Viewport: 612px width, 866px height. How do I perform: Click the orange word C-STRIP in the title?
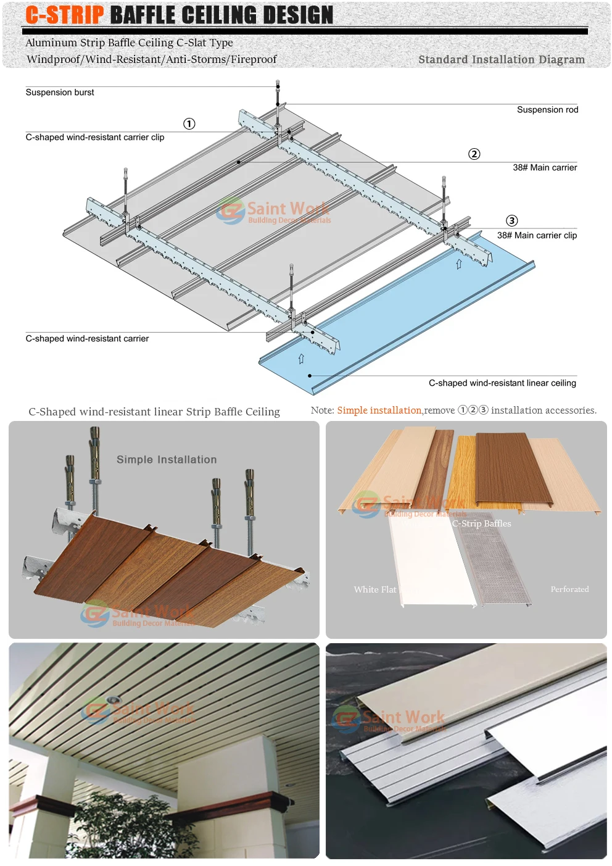pyautogui.click(x=65, y=15)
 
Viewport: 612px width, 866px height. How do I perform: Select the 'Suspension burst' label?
pyautogui.click(x=60, y=93)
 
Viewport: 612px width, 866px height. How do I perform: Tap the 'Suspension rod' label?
pyautogui.click(x=547, y=110)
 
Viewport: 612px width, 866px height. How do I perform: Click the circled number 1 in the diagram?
pyautogui.click(x=189, y=124)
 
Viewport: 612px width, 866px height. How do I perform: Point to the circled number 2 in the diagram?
pyautogui.click(x=474, y=154)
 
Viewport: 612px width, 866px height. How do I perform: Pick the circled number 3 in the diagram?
pyautogui.click(x=511, y=221)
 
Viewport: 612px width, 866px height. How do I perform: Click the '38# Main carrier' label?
pyautogui.click(x=545, y=167)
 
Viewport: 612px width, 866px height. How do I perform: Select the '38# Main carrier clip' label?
pyautogui.click(x=537, y=235)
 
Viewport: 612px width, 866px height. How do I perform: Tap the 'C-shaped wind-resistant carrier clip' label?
pyautogui.click(x=95, y=137)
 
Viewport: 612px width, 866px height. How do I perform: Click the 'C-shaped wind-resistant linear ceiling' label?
pyautogui.click(x=502, y=383)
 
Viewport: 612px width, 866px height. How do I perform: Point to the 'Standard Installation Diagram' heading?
pyautogui.click(x=501, y=60)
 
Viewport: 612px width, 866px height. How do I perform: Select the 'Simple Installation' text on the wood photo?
pyautogui.click(x=167, y=460)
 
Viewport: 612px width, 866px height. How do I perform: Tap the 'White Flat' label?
pyautogui.click(x=374, y=589)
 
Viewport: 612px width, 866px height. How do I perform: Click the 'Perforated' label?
pyautogui.click(x=569, y=589)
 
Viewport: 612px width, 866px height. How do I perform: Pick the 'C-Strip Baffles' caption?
pyautogui.click(x=481, y=523)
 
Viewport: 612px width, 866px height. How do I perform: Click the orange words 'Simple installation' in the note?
pyautogui.click(x=379, y=410)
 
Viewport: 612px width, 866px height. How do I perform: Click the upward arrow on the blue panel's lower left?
pyautogui.click(x=301, y=359)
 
